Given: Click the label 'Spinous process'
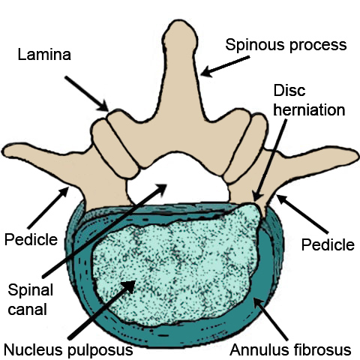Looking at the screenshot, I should pos(286,44).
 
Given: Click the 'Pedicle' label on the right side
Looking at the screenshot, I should pos(328,244).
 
